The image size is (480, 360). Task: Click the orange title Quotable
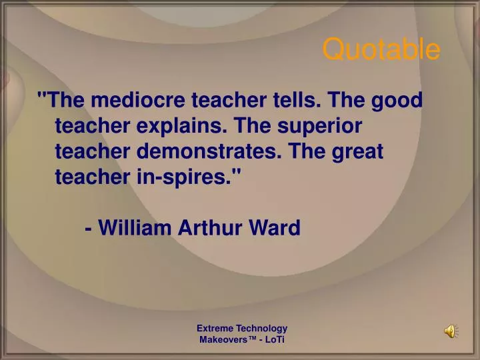381,49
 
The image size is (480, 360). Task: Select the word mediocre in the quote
139,101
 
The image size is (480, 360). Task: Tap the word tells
296,101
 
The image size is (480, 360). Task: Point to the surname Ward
275,228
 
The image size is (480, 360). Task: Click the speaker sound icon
451,331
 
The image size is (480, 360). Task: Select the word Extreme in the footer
213,328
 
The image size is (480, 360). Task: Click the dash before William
89,229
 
